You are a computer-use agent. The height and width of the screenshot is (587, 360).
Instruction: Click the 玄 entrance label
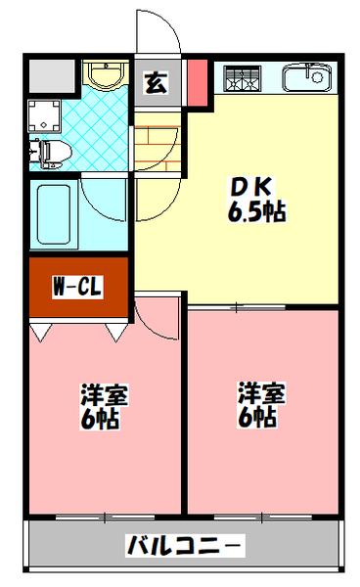coord(156,83)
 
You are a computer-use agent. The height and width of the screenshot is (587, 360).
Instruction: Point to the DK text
coord(245,186)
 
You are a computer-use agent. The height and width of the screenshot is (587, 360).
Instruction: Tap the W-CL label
coord(77,289)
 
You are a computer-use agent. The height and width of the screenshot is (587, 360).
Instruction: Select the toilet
coord(52,151)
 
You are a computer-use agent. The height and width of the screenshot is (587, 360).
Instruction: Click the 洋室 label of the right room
coord(261,394)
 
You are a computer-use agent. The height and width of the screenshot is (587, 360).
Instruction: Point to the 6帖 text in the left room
coord(102,421)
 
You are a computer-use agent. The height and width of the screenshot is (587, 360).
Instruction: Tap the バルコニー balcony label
coord(185,545)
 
